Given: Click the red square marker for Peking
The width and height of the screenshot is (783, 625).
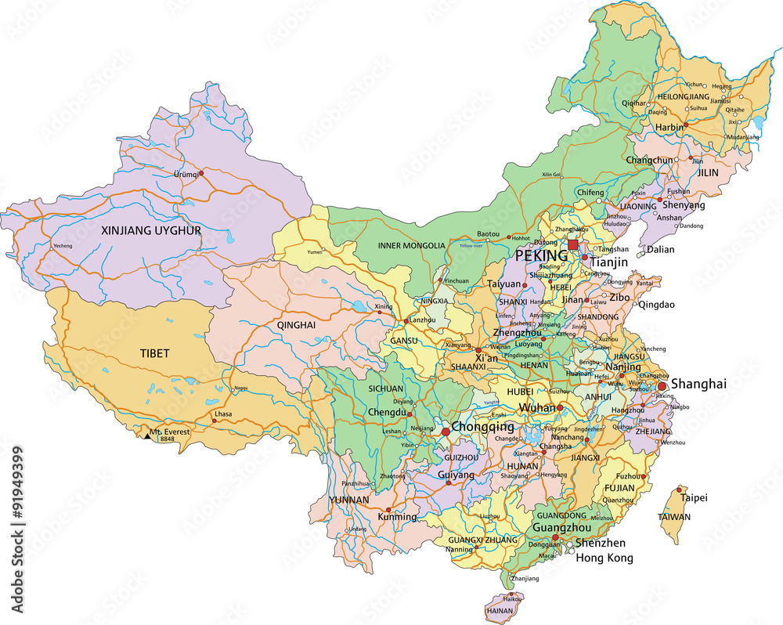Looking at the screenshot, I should (573, 245).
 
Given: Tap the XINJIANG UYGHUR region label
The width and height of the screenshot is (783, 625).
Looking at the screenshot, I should (151, 230).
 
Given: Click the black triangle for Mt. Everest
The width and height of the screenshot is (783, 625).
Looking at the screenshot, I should (146, 435).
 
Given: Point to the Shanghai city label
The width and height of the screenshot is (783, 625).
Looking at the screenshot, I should (699, 384).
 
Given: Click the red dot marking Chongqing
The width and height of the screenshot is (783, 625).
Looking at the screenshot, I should (446, 432).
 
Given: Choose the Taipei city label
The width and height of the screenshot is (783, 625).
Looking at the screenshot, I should (694, 497).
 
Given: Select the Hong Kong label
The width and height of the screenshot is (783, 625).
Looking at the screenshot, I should (604, 558).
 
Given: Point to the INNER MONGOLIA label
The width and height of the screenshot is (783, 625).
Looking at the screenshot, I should (411, 245).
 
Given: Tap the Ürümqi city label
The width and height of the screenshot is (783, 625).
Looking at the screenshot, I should (186, 174).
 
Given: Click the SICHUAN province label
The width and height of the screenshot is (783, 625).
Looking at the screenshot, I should (385, 388).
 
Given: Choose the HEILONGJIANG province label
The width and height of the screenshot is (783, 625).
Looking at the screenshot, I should (683, 96).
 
